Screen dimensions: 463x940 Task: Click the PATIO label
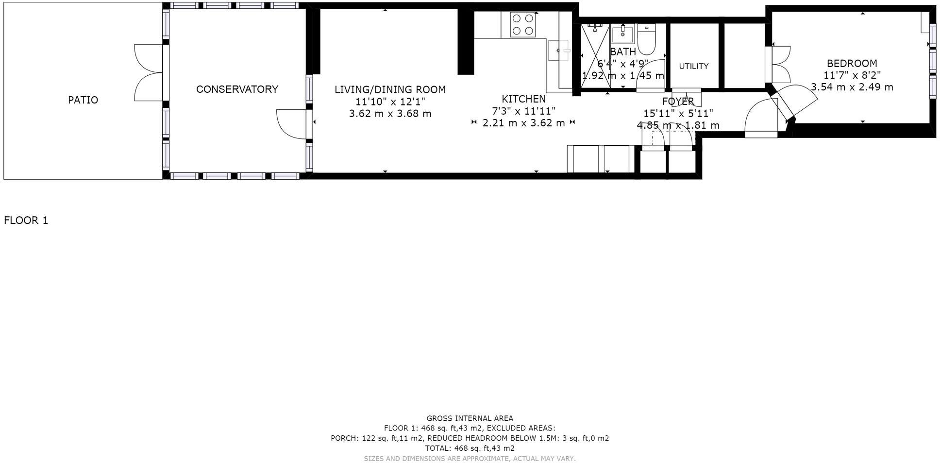tap(83, 100)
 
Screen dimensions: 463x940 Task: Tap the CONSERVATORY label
tap(237, 89)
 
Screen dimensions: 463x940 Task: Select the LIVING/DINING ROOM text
tap(390, 90)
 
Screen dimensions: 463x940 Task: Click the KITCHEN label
tap(523, 99)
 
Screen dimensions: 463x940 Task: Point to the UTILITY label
tap(693, 66)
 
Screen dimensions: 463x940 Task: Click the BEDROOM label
tap(852, 64)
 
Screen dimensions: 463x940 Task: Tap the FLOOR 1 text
tap(26, 221)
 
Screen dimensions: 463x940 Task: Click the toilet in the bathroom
tap(646, 39)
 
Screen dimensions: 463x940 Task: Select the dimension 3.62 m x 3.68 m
tap(390, 114)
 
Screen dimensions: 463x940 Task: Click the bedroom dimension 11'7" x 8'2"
tap(852, 75)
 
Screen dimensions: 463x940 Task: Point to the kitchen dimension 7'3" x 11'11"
tap(523, 111)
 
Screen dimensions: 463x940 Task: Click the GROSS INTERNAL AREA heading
tap(470, 418)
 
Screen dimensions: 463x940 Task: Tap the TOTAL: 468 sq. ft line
tap(470, 448)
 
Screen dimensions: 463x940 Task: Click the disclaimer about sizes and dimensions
tap(470, 459)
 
